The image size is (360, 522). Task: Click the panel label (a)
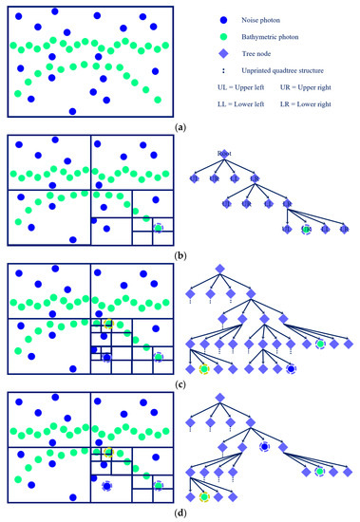click(180, 124)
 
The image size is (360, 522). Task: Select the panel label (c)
click(180, 381)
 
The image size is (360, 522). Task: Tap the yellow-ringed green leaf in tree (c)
click(204, 368)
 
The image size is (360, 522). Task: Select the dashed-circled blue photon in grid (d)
click(107, 486)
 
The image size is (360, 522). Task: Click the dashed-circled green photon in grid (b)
click(159, 228)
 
